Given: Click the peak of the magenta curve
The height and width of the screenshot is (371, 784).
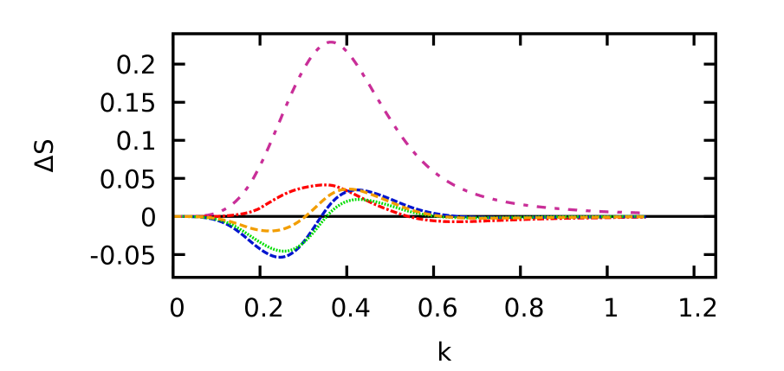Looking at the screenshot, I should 331,42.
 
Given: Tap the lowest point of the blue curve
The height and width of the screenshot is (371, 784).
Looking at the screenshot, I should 279,257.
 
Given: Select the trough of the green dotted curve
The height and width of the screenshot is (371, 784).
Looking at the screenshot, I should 282,251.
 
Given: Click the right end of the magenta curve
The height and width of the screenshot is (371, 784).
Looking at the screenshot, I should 643,213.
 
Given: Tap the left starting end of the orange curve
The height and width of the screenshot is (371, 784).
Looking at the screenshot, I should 176,216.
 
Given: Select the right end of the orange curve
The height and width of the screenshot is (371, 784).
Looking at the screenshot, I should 643,216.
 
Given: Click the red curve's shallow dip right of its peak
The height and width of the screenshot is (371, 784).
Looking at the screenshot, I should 459,221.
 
